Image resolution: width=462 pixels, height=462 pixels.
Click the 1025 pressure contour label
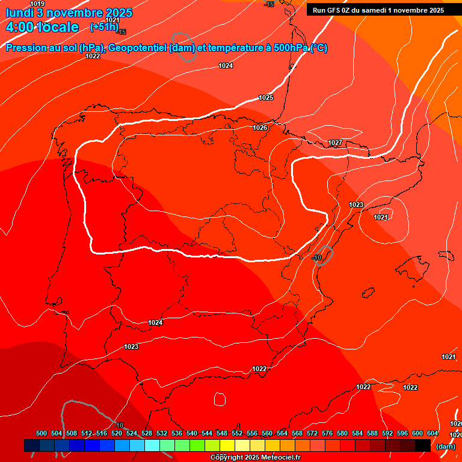[x=266, y=97]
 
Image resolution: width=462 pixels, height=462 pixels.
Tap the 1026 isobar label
[x=260, y=128]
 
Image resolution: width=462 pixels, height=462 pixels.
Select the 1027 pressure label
[x=335, y=143]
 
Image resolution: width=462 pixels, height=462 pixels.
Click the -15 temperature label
[x=269, y=4]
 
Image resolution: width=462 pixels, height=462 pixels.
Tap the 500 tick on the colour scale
[x=42, y=433]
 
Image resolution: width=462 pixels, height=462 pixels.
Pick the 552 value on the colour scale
[x=237, y=433]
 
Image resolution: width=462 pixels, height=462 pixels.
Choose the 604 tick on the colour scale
[x=433, y=433]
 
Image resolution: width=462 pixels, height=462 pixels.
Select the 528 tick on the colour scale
[x=147, y=433]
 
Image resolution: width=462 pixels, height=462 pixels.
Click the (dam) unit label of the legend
[x=445, y=446]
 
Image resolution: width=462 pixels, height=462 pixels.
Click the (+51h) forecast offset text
[x=103, y=26]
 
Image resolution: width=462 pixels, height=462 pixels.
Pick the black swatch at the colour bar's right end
[x=422, y=445]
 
